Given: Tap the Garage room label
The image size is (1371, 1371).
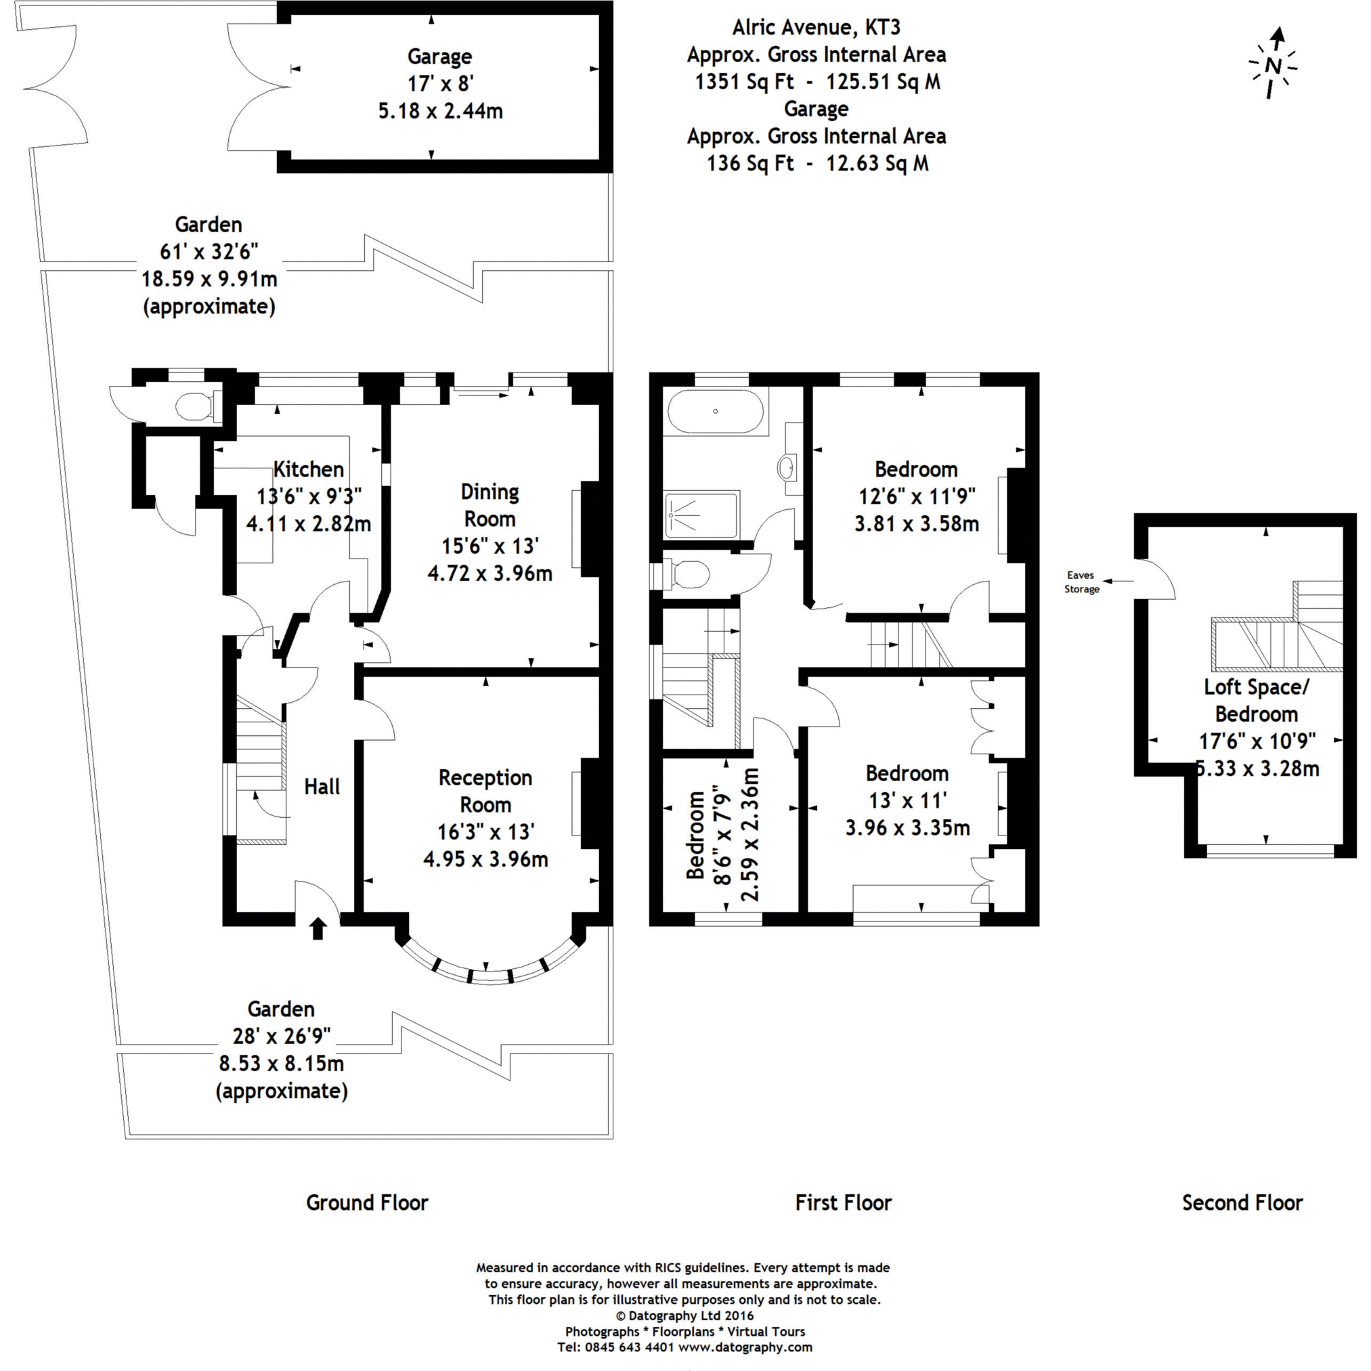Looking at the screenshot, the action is [x=439, y=57].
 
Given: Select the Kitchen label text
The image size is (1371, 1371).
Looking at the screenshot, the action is [x=309, y=469].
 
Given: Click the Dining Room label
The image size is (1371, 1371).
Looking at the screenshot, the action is [x=489, y=505].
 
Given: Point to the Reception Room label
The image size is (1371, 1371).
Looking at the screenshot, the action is [x=485, y=791].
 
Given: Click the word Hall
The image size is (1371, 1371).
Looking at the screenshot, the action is [x=322, y=786].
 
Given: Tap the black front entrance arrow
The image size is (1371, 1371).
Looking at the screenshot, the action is [x=318, y=928].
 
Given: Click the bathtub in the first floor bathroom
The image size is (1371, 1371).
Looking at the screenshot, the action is [x=716, y=411].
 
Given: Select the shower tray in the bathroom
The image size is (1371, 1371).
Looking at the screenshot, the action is [x=702, y=514].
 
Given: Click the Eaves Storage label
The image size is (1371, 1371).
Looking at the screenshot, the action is [x=1081, y=582].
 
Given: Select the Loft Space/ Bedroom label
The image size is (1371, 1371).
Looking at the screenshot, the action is [x=1256, y=701].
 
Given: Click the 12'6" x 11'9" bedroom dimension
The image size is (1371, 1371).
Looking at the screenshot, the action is [x=917, y=496].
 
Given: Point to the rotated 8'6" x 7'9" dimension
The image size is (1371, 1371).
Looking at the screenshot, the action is [x=722, y=834].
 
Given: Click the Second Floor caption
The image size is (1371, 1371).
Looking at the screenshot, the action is [x=1242, y=1203].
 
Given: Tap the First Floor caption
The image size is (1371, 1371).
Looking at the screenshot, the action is [x=843, y=1203].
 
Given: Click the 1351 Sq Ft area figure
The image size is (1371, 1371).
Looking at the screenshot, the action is [x=744, y=82].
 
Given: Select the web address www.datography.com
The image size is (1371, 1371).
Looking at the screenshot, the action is [x=745, y=1347].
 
